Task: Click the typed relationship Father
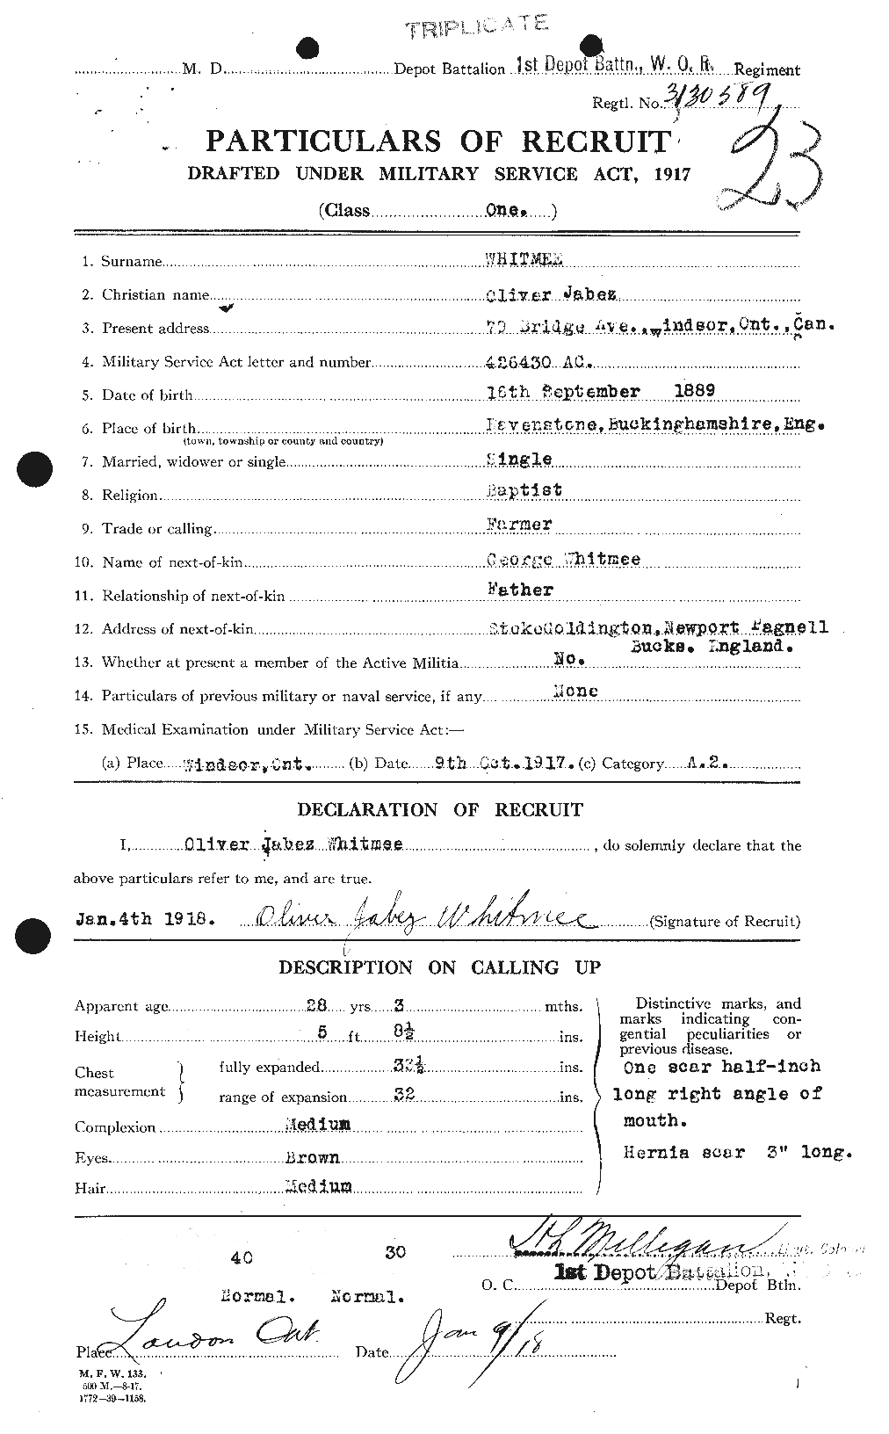(x=520, y=590)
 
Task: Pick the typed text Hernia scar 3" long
(x=735, y=1152)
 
